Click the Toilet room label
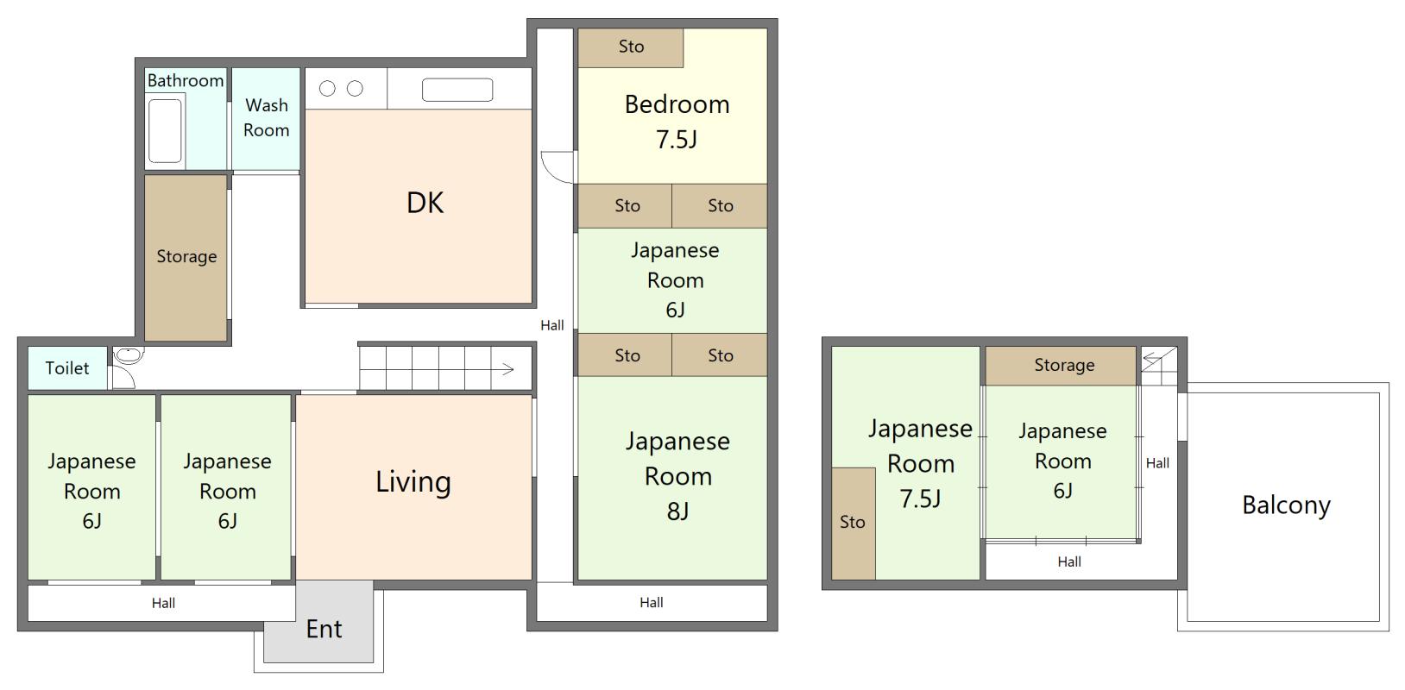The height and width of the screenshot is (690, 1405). (67, 368)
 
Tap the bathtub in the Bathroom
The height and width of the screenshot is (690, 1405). (165, 130)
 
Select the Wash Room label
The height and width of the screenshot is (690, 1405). (267, 117)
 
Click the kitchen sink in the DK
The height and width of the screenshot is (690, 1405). (457, 90)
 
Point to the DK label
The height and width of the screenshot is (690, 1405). (425, 203)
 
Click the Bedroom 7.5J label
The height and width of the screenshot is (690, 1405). (677, 122)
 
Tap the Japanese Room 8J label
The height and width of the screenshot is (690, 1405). (678, 476)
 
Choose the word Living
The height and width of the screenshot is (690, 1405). (413, 482)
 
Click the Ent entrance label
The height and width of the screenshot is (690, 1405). (324, 630)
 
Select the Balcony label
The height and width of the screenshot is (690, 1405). (1287, 505)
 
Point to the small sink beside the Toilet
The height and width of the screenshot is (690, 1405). (129, 355)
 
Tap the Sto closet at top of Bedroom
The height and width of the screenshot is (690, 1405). (630, 47)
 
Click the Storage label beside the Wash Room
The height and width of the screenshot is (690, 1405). (186, 256)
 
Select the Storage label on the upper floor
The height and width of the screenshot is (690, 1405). (1064, 365)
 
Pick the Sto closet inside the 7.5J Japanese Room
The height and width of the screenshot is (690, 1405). (853, 524)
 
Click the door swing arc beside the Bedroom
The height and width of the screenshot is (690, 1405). (551, 173)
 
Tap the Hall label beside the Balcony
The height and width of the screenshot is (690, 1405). (1157, 463)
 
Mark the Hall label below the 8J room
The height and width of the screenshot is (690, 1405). (651, 603)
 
